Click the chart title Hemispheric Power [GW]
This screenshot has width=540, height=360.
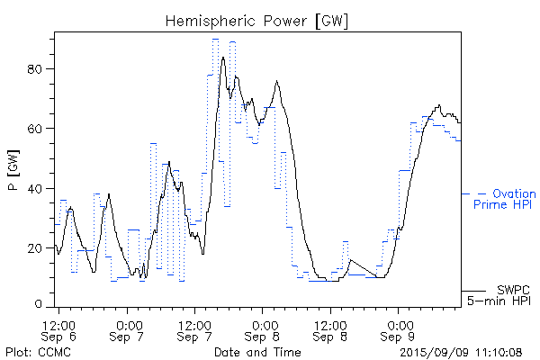[x=257, y=21]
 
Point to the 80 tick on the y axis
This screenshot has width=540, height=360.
[x=40, y=68]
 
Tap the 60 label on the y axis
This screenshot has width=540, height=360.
[x=40, y=129]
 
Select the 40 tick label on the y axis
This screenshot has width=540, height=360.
[x=40, y=188]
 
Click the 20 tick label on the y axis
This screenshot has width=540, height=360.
[x=40, y=248]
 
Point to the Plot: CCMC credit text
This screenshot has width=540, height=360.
[x=34, y=351]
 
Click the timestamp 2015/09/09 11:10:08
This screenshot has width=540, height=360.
[x=461, y=351]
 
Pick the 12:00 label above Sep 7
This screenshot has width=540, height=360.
[x=196, y=323]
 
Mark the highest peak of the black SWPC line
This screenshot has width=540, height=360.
[x=222, y=57]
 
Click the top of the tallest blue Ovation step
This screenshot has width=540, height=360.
[x=215, y=39]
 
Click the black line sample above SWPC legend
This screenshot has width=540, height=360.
[x=473, y=290]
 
